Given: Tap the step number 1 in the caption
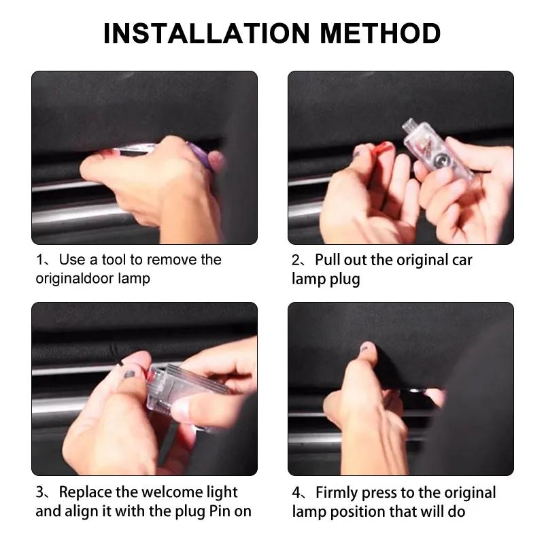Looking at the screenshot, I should (x=39, y=260).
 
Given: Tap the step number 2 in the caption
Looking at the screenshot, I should (x=296, y=260).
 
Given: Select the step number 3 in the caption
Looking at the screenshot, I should (x=39, y=492).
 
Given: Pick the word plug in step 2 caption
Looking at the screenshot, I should (x=345, y=279).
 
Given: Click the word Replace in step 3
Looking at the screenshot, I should (x=85, y=492).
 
